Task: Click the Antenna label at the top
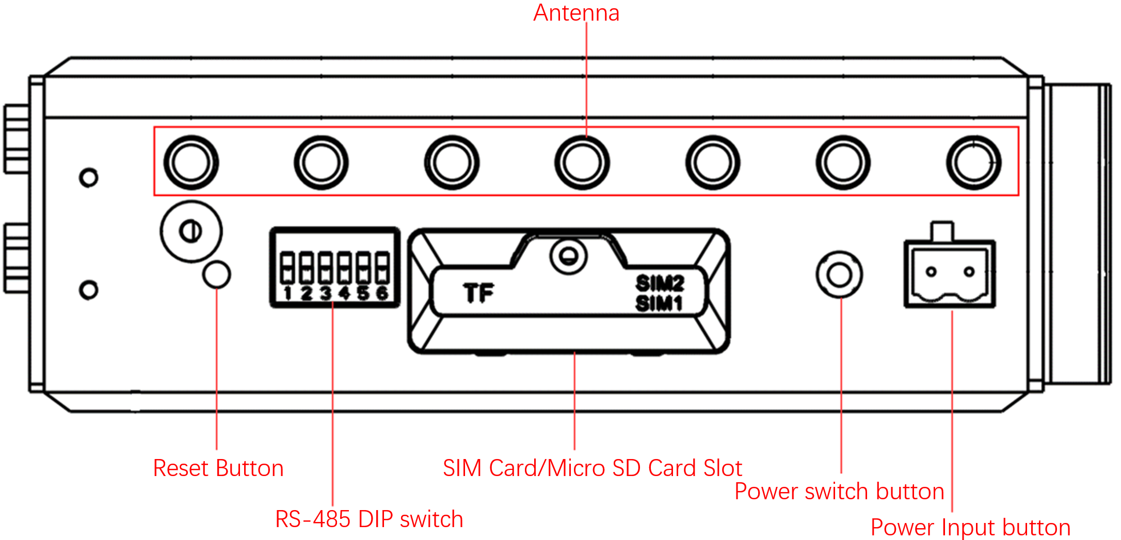click(576, 13)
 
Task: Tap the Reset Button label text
click(218, 468)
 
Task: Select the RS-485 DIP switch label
click(369, 519)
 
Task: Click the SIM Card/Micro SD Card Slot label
click(592, 468)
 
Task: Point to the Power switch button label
click(839, 492)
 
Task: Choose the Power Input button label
click(970, 528)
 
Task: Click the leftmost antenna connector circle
click(191, 162)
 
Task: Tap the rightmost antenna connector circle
click(974, 162)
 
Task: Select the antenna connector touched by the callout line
click(582, 162)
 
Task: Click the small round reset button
click(217, 274)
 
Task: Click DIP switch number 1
click(287, 267)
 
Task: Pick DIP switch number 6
click(382, 267)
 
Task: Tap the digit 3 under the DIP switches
click(325, 293)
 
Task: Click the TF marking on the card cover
click(479, 293)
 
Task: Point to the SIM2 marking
click(660, 283)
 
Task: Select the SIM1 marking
click(659, 303)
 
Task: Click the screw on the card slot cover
click(568, 255)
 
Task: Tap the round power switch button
click(839, 274)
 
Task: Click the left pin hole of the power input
click(931, 272)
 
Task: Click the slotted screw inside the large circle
click(190, 231)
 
